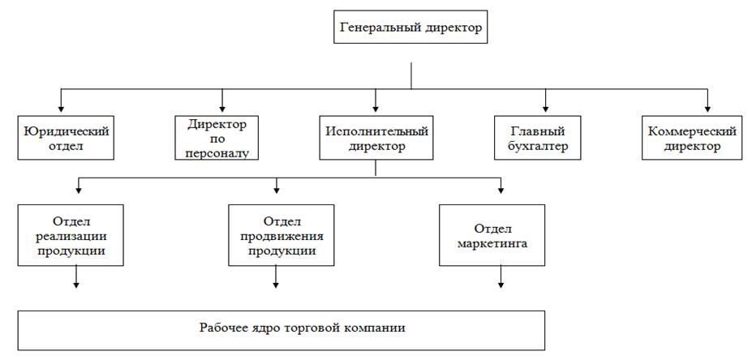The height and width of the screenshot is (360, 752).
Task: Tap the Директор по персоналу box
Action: (x=217, y=138)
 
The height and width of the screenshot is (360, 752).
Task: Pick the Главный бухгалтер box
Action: (x=539, y=138)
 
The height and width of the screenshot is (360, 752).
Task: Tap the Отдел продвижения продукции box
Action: (x=282, y=236)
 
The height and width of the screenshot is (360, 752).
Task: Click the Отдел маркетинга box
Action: (x=492, y=236)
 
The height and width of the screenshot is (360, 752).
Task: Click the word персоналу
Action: (x=218, y=151)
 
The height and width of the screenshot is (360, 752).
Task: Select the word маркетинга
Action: (x=492, y=242)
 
